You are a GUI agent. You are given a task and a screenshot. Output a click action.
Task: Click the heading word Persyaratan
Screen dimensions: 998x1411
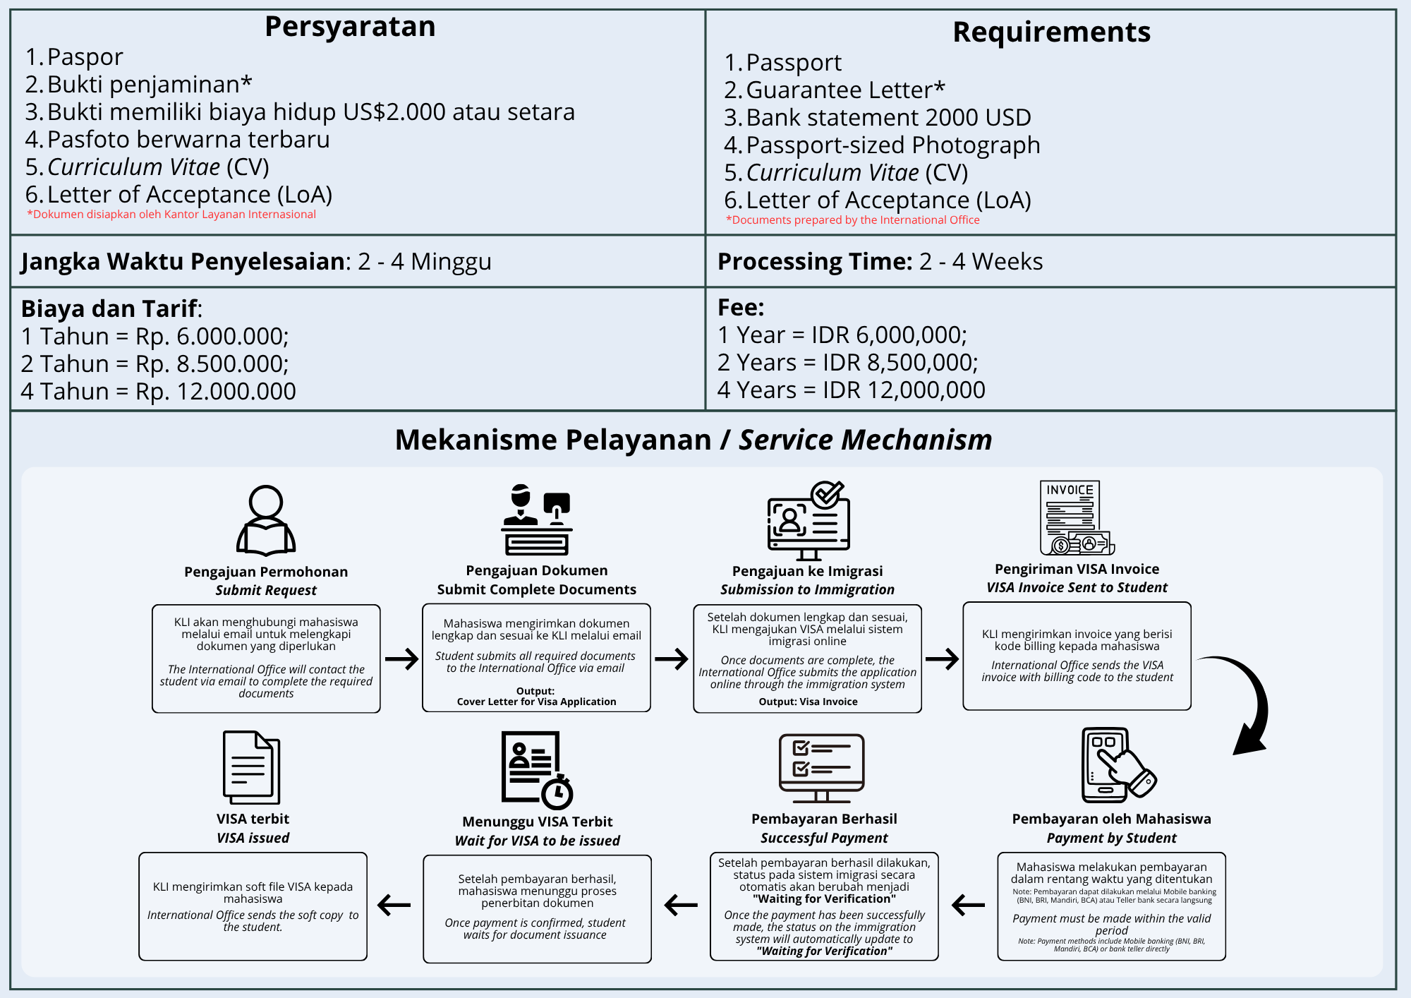[350, 27]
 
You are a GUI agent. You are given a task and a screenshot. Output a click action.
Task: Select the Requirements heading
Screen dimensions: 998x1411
[1051, 32]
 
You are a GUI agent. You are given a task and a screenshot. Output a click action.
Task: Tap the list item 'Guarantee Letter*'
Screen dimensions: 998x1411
[844, 90]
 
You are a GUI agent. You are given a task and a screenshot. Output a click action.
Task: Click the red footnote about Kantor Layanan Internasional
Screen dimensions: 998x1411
[171, 215]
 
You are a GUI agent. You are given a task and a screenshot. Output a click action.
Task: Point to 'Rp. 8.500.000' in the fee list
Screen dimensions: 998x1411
[212, 364]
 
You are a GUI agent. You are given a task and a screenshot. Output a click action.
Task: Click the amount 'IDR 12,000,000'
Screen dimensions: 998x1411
[904, 390]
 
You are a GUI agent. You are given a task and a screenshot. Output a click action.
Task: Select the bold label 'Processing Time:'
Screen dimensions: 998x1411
[815, 262]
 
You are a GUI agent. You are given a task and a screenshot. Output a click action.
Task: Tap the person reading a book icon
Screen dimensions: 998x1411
[266, 520]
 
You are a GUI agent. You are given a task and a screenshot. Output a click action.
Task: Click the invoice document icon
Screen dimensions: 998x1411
[1074, 517]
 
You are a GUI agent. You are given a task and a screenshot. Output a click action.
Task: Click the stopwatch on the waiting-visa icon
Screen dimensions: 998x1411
[557, 793]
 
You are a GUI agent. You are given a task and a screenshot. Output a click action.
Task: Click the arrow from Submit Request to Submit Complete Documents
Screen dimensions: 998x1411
[401, 659]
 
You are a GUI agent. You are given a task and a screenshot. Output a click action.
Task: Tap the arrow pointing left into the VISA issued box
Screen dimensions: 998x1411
[394, 905]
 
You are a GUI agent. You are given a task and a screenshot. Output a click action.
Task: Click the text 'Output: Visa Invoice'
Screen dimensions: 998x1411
[808, 702]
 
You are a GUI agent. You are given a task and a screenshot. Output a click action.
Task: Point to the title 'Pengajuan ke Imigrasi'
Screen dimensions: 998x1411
[807, 571]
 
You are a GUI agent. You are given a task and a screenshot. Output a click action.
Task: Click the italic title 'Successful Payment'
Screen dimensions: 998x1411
[824, 838]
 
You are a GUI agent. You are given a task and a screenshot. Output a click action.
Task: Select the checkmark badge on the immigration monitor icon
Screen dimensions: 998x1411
[827, 493]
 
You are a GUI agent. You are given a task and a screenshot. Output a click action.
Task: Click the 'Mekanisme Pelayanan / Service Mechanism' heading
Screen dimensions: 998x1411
[693, 440]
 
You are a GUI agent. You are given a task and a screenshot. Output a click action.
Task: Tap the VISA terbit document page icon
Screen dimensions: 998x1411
[251, 767]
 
